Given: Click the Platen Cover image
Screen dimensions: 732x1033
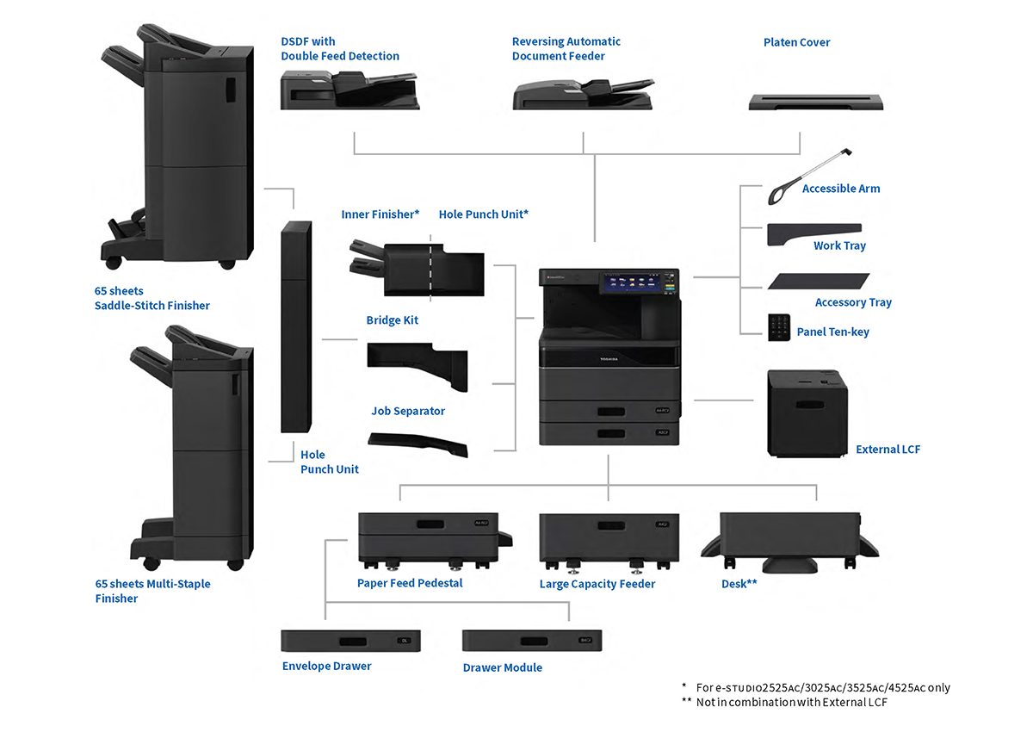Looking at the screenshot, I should pyautogui.click(x=816, y=102).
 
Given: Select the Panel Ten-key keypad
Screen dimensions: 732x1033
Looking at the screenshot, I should pyautogui.click(x=780, y=326).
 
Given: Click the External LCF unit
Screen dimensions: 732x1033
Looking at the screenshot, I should pyautogui.click(x=807, y=413).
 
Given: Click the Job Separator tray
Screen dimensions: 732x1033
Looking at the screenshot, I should pyautogui.click(x=418, y=444).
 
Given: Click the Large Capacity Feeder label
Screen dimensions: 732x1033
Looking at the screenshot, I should pyautogui.click(x=597, y=584).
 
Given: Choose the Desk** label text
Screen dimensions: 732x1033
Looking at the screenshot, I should pyautogui.click(x=739, y=584).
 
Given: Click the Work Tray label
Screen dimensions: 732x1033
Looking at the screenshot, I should pyautogui.click(x=839, y=246).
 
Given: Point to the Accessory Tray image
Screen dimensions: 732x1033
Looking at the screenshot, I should pyautogui.click(x=819, y=282).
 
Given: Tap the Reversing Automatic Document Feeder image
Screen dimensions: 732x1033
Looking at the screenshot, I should pyautogui.click(x=583, y=93).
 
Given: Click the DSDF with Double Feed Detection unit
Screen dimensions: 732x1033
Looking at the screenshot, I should pyautogui.click(x=349, y=90).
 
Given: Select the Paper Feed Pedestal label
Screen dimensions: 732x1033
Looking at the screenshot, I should pyautogui.click(x=410, y=583).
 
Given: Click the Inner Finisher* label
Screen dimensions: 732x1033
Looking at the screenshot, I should pyautogui.click(x=380, y=214).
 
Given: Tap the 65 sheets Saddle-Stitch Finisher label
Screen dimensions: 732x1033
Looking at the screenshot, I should pyautogui.click(x=152, y=298).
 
